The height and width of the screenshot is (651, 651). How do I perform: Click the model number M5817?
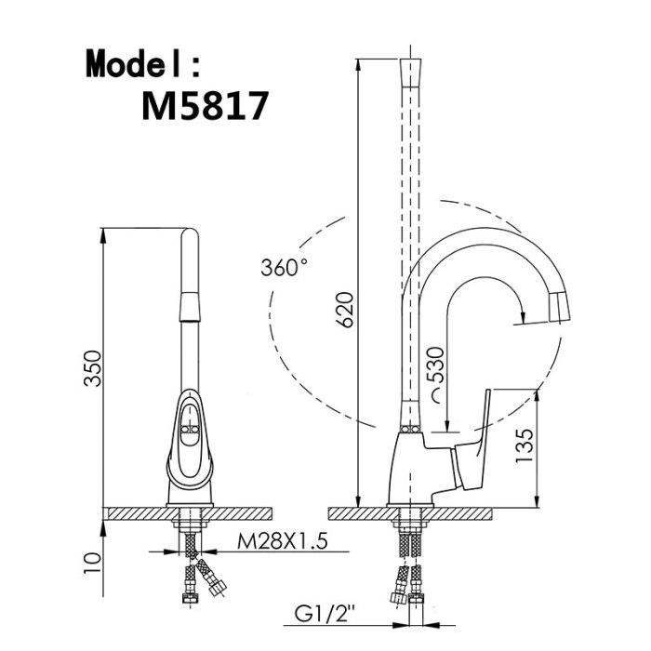tap(206, 106)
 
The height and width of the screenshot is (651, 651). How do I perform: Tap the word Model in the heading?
tap(133, 63)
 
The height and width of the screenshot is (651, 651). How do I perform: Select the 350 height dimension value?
tap(92, 368)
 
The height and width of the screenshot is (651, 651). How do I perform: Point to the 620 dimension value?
tap(345, 310)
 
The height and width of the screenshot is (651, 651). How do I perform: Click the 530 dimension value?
tap(436, 365)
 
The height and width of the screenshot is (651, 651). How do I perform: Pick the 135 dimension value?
tap(524, 445)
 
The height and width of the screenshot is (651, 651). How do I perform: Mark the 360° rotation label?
tap(285, 267)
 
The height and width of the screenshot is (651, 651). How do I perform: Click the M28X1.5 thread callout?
tap(283, 541)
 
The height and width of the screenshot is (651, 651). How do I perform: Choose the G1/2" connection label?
tap(325, 614)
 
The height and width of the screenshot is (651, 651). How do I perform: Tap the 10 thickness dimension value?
tap(92, 563)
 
